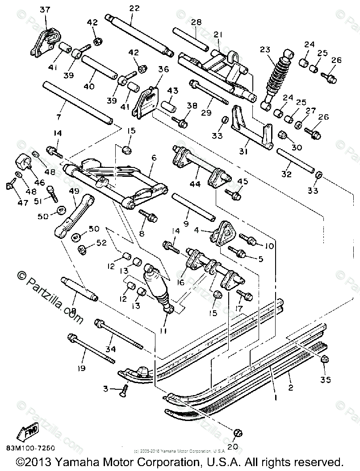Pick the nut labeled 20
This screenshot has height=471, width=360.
238,433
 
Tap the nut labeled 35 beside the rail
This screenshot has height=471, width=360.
325,358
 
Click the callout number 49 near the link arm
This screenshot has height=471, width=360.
74,191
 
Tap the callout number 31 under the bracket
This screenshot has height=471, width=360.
243,152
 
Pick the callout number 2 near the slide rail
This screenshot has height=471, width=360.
291,387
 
